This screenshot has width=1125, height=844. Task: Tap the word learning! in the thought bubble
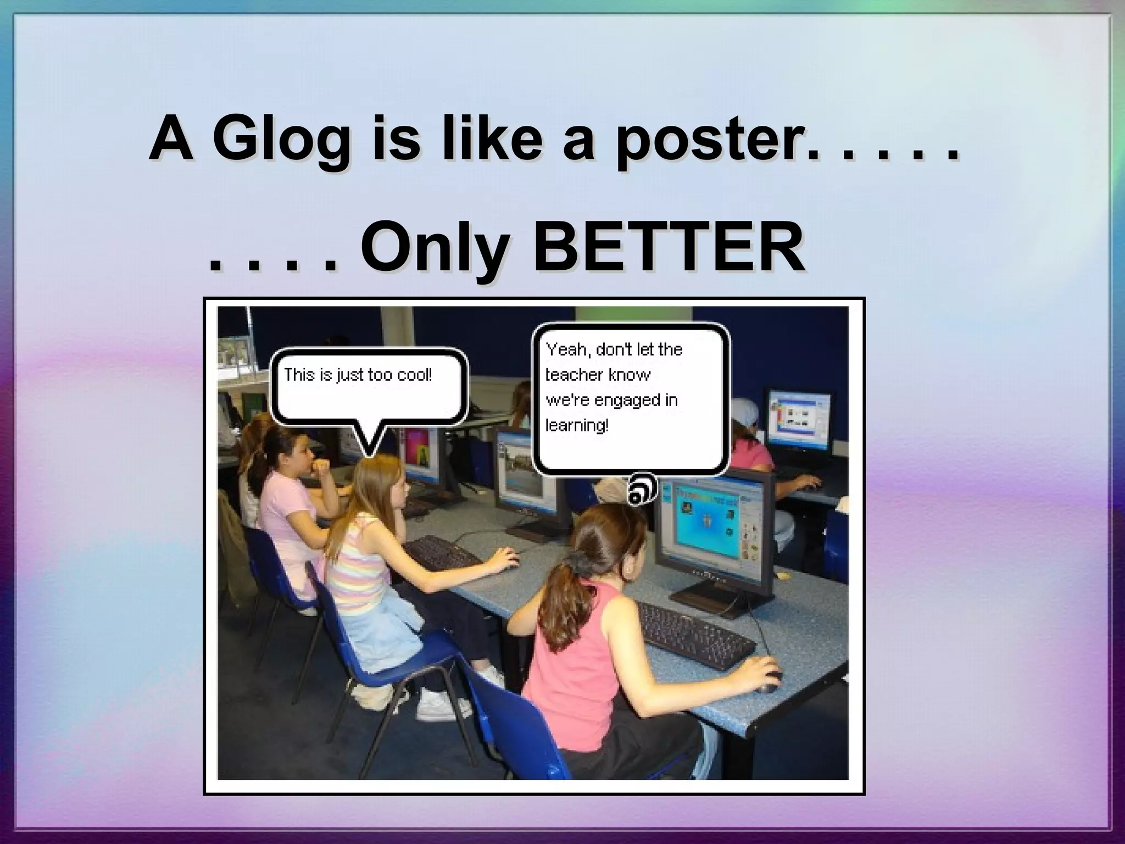coord(577,425)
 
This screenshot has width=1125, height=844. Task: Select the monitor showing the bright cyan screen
coord(714,527)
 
